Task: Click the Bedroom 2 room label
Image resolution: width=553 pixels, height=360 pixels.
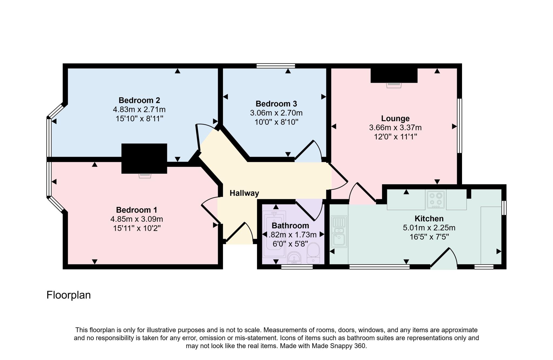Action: point(139,100)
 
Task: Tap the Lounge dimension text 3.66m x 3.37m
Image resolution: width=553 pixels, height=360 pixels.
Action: point(395,127)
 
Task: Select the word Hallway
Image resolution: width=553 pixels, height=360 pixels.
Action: point(244,193)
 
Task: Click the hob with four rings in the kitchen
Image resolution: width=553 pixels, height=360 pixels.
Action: point(436,200)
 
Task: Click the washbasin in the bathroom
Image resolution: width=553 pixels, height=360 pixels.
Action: point(294,258)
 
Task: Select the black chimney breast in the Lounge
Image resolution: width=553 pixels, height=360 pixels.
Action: point(394,75)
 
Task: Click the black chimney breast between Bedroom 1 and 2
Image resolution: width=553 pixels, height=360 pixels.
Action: point(144,158)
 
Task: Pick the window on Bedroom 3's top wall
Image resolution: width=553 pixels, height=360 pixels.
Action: point(276,66)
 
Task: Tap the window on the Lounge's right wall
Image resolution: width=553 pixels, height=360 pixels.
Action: point(459,126)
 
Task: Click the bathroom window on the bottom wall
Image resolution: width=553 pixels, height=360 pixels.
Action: point(297,267)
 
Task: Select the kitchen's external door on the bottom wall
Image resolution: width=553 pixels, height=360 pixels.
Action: point(443,259)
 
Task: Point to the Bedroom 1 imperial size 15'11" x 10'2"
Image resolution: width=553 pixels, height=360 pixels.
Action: point(137,228)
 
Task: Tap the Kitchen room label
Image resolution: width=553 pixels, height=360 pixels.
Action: point(429,218)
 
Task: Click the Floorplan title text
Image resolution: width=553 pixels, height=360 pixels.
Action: point(69,295)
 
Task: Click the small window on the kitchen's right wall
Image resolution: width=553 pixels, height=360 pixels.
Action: point(504,208)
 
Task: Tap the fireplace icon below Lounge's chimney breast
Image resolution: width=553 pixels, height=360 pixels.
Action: point(394,85)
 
